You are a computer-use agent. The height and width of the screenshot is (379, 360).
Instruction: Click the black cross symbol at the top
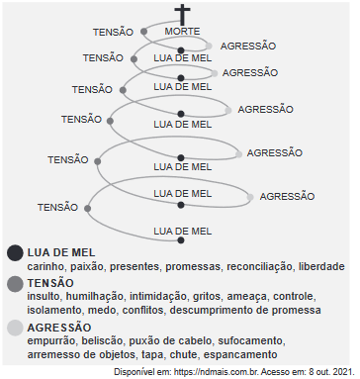[182, 15]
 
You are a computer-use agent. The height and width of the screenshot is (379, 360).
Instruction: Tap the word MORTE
[182, 32]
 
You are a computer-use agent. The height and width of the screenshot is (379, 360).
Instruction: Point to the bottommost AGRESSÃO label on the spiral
[287, 196]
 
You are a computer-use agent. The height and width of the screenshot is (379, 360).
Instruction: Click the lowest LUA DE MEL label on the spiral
[183, 231]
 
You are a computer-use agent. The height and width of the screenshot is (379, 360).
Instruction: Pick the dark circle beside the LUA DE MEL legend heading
[14, 253]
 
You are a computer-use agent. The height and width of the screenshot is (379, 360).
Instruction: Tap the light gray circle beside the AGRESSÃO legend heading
[14, 327]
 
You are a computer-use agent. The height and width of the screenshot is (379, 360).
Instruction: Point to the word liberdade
[322, 267]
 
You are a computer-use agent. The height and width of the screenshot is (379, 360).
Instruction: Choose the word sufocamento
[225, 339]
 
